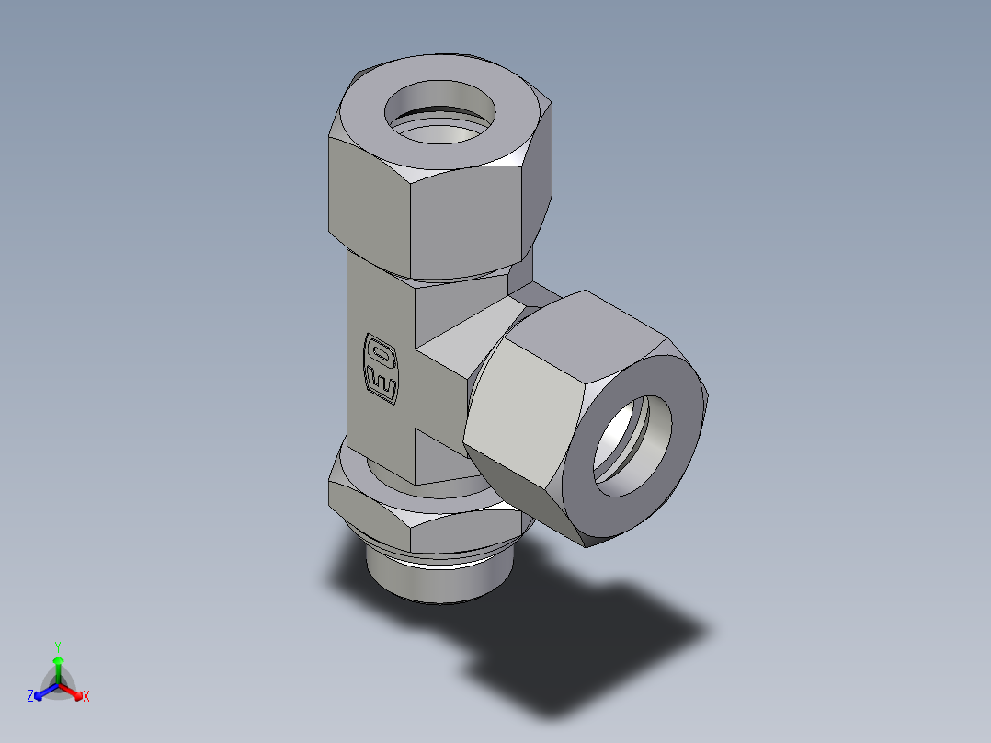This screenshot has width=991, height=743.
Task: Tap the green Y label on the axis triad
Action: [58, 646]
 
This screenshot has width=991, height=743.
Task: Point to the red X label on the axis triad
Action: [86, 697]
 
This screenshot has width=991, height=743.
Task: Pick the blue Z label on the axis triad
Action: [30, 697]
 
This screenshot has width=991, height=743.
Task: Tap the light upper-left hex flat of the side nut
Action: [524, 405]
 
